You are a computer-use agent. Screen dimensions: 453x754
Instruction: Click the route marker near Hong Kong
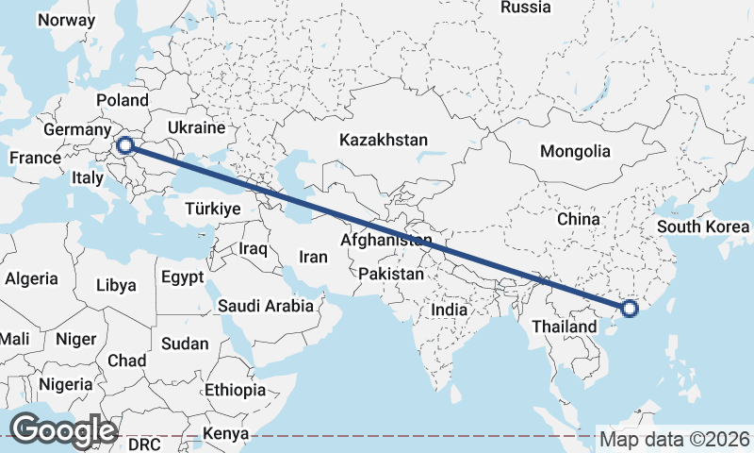pos(631,308)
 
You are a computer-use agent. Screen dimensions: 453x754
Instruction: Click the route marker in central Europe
pos(124,145)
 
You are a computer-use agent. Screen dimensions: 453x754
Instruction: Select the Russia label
pos(525,8)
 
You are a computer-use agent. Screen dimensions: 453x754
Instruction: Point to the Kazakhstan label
pos(384,140)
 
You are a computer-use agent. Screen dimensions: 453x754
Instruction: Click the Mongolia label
pos(575,151)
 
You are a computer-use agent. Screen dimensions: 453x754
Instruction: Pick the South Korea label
pos(703,226)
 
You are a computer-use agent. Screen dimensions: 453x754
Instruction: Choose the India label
pos(451,309)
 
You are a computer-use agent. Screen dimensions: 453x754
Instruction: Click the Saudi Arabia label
pos(265,306)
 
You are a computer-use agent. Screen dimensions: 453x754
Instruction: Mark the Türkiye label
pos(213,209)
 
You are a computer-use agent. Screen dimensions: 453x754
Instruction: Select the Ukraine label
pos(196,127)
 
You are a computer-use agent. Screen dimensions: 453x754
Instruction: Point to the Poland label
pos(123,100)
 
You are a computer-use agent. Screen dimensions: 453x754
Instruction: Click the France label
pos(35,158)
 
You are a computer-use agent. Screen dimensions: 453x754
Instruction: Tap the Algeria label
pos(31,278)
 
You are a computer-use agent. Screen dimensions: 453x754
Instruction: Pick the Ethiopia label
pos(236,390)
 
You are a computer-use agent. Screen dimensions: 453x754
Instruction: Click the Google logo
pos(63,430)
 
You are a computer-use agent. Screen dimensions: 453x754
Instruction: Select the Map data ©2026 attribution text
pos(674,440)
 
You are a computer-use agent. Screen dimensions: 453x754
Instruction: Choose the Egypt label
pos(182,277)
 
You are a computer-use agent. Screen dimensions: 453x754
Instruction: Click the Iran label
pos(313,257)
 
